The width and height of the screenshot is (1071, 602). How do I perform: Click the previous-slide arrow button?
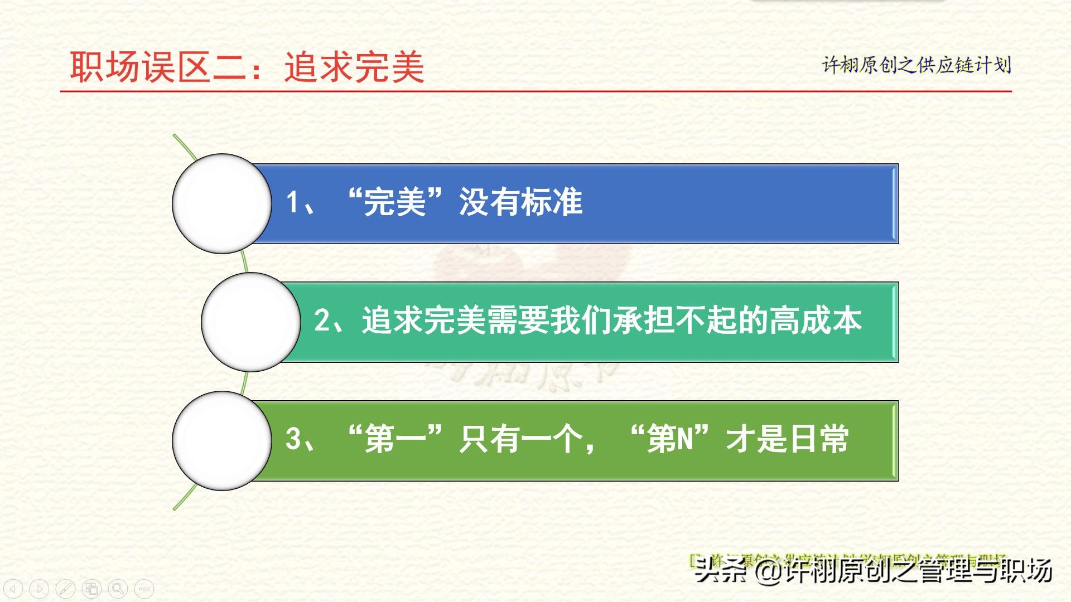13,589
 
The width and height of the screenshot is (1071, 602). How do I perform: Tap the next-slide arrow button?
39,589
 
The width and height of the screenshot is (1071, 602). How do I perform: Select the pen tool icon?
65,589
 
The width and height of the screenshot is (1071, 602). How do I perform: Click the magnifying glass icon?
118,589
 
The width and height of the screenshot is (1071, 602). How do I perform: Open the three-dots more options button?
144,589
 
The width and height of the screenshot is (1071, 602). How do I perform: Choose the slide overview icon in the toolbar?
91,589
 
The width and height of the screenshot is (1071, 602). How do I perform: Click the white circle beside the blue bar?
222,203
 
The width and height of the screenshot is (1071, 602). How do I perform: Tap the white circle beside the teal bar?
250,322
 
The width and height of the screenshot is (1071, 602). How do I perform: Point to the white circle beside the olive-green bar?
222,440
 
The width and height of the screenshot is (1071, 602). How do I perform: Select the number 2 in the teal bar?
322,321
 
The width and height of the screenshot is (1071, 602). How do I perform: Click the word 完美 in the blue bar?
394,202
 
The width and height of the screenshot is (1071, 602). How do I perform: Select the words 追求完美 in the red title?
354,67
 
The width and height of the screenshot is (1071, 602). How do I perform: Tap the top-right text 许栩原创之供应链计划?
916,65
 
